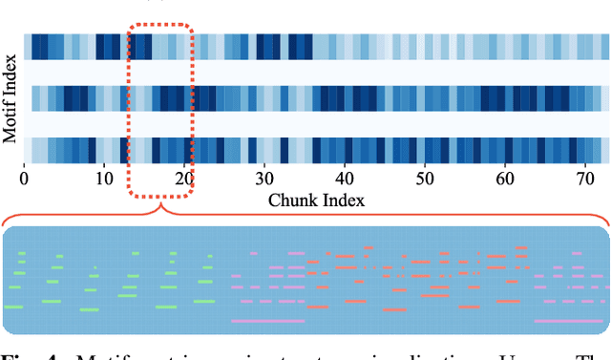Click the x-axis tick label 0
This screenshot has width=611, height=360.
(x=24, y=178)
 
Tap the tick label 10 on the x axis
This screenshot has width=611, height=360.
(x=104, y=178)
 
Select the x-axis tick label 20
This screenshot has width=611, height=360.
(x=185, y=178)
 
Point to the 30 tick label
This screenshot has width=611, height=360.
(x=266, y=178)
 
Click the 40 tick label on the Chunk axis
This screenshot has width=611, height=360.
(x=347, y=178)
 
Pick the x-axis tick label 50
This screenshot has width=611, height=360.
(x=428, y=178)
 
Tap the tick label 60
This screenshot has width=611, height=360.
(x=508, y=178)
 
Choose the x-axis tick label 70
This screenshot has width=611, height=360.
(x=589, y=178)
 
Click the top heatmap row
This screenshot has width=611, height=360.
(x=315, y=48)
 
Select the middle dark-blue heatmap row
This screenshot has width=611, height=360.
(x=315, y=99)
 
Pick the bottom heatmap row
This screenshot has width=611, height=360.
(x=315, y=151)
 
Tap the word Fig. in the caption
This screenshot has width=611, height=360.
(x=20, y=353)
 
